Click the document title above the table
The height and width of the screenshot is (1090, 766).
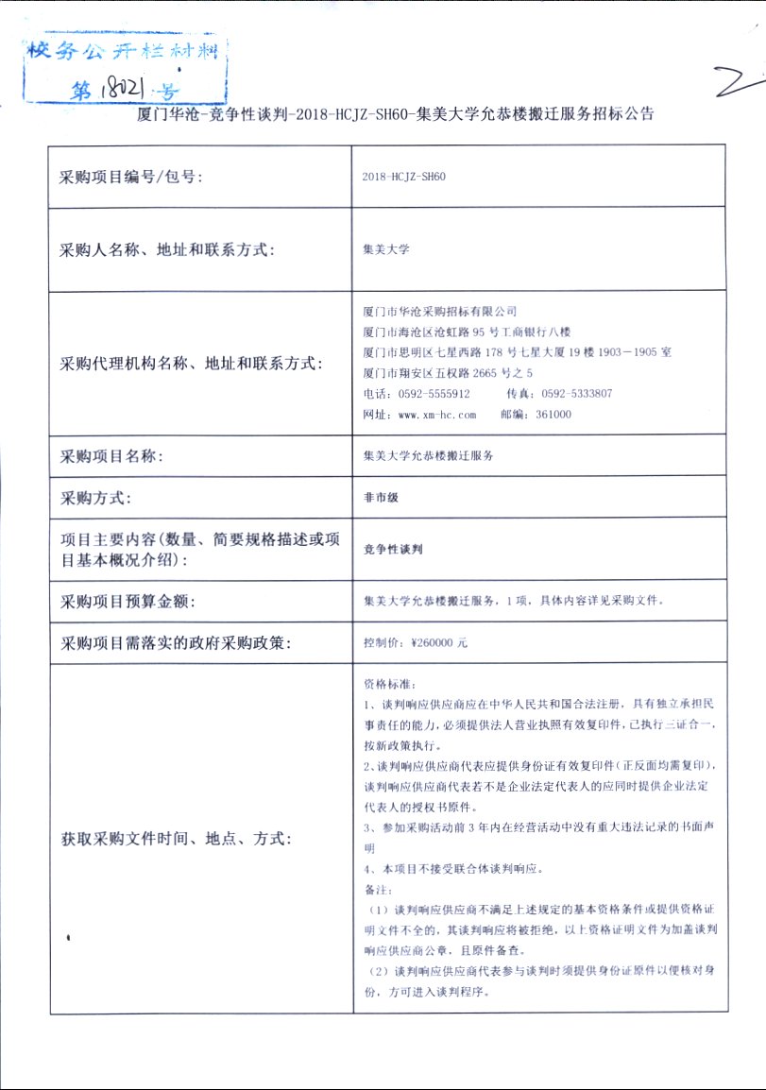click(x=396, y=114)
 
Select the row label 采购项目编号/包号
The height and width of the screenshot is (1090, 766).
click(x=131, y=177)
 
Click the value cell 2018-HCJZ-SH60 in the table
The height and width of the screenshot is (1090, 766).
click(x=403, y=177)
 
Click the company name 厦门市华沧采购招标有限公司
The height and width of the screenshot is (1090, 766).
click(x=440, y=311)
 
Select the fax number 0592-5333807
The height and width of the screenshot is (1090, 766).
click(x=578, y=394)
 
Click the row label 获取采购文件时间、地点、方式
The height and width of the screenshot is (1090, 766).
click(x=177, y=838)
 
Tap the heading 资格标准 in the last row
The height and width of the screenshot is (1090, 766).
click(x=388, y=683)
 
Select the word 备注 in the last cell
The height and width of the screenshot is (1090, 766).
click(x=377, y=890)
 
